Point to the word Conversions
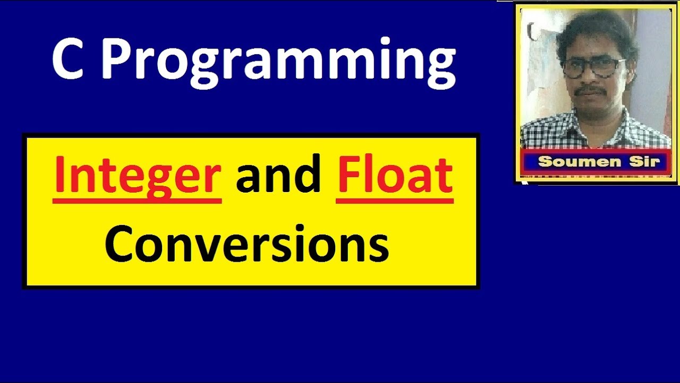[x=246, y=244]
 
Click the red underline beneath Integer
[x=137, y=201]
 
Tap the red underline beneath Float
[x=395, y=201]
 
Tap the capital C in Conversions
[x=120, y=244]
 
